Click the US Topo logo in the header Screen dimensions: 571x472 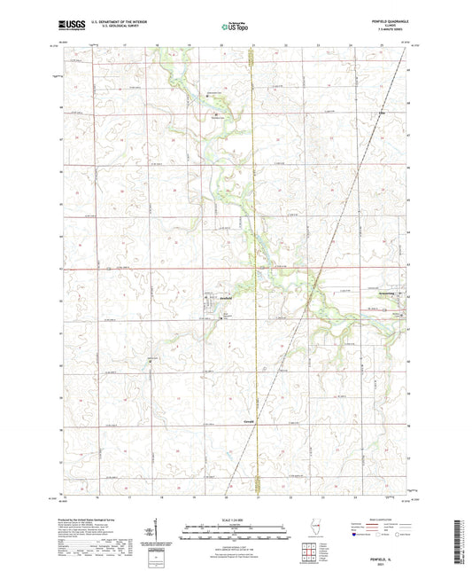(x=235, y=27)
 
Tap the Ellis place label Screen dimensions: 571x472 (x=383, y=113)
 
